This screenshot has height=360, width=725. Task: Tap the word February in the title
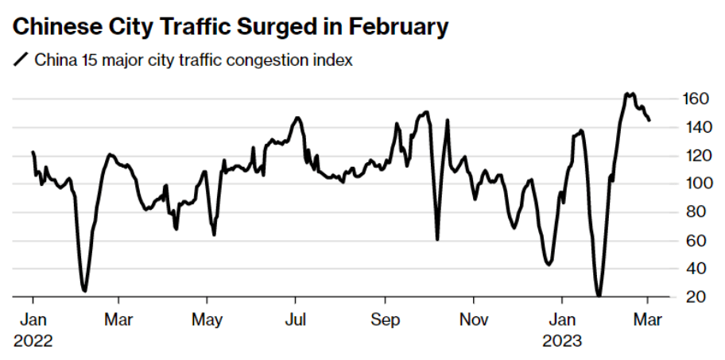[x=391, y=27]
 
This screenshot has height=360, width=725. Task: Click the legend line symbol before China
[x=21, y=60]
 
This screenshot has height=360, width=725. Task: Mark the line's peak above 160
[x=628, y=93]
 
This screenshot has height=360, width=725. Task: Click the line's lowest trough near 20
[x=599, y=296]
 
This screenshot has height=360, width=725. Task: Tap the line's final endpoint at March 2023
[x=649, y=121]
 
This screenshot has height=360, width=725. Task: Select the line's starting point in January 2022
[x=33, y=151]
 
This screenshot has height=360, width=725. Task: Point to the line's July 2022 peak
[x=297, y=118]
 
